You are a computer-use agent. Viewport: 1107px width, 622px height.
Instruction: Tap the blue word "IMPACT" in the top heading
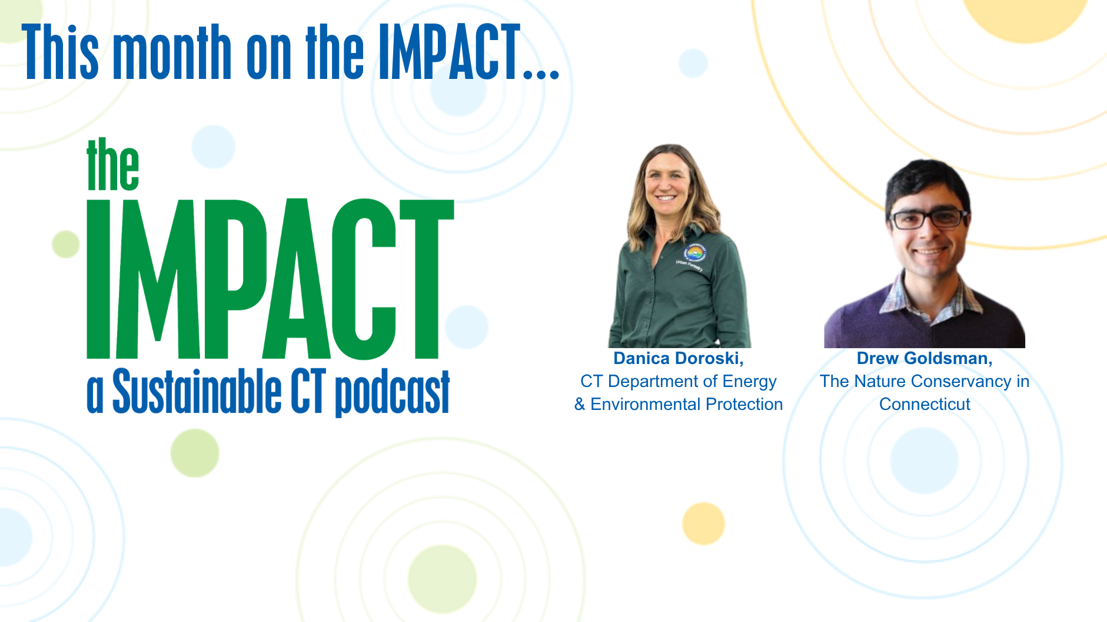pyautogui.click(x=450, y=52)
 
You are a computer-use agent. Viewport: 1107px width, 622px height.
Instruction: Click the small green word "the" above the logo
pyautogui.click(x=112, y=164)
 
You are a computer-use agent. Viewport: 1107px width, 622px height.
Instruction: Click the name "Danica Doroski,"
pyautogui.click(x=679, y=358)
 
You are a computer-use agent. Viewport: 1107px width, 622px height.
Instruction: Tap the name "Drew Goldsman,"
pyautogui.click(x=925, y=358)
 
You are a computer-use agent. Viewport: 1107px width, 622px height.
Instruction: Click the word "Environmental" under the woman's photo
pyautogui.click(x=646, y=404)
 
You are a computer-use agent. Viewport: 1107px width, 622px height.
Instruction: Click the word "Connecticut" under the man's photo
pyautogui.click(x=925, y=404)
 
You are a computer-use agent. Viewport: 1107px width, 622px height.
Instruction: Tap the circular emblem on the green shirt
pyautogui.click(x=696, y=253)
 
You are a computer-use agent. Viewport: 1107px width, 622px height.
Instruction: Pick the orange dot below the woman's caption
pyautogui.click(x=703, y=524)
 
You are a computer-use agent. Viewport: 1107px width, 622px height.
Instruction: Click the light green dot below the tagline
pyautogui.click(x=195, y=453)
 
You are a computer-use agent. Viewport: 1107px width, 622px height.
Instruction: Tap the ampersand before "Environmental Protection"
pyautogui.click(x=580, y=404)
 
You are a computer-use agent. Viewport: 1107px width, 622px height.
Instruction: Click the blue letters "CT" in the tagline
pyautogui.click(x=308, y=391)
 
